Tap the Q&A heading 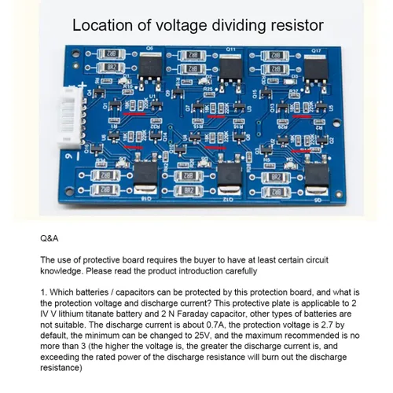pyautogui.click(x=49, y=235)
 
